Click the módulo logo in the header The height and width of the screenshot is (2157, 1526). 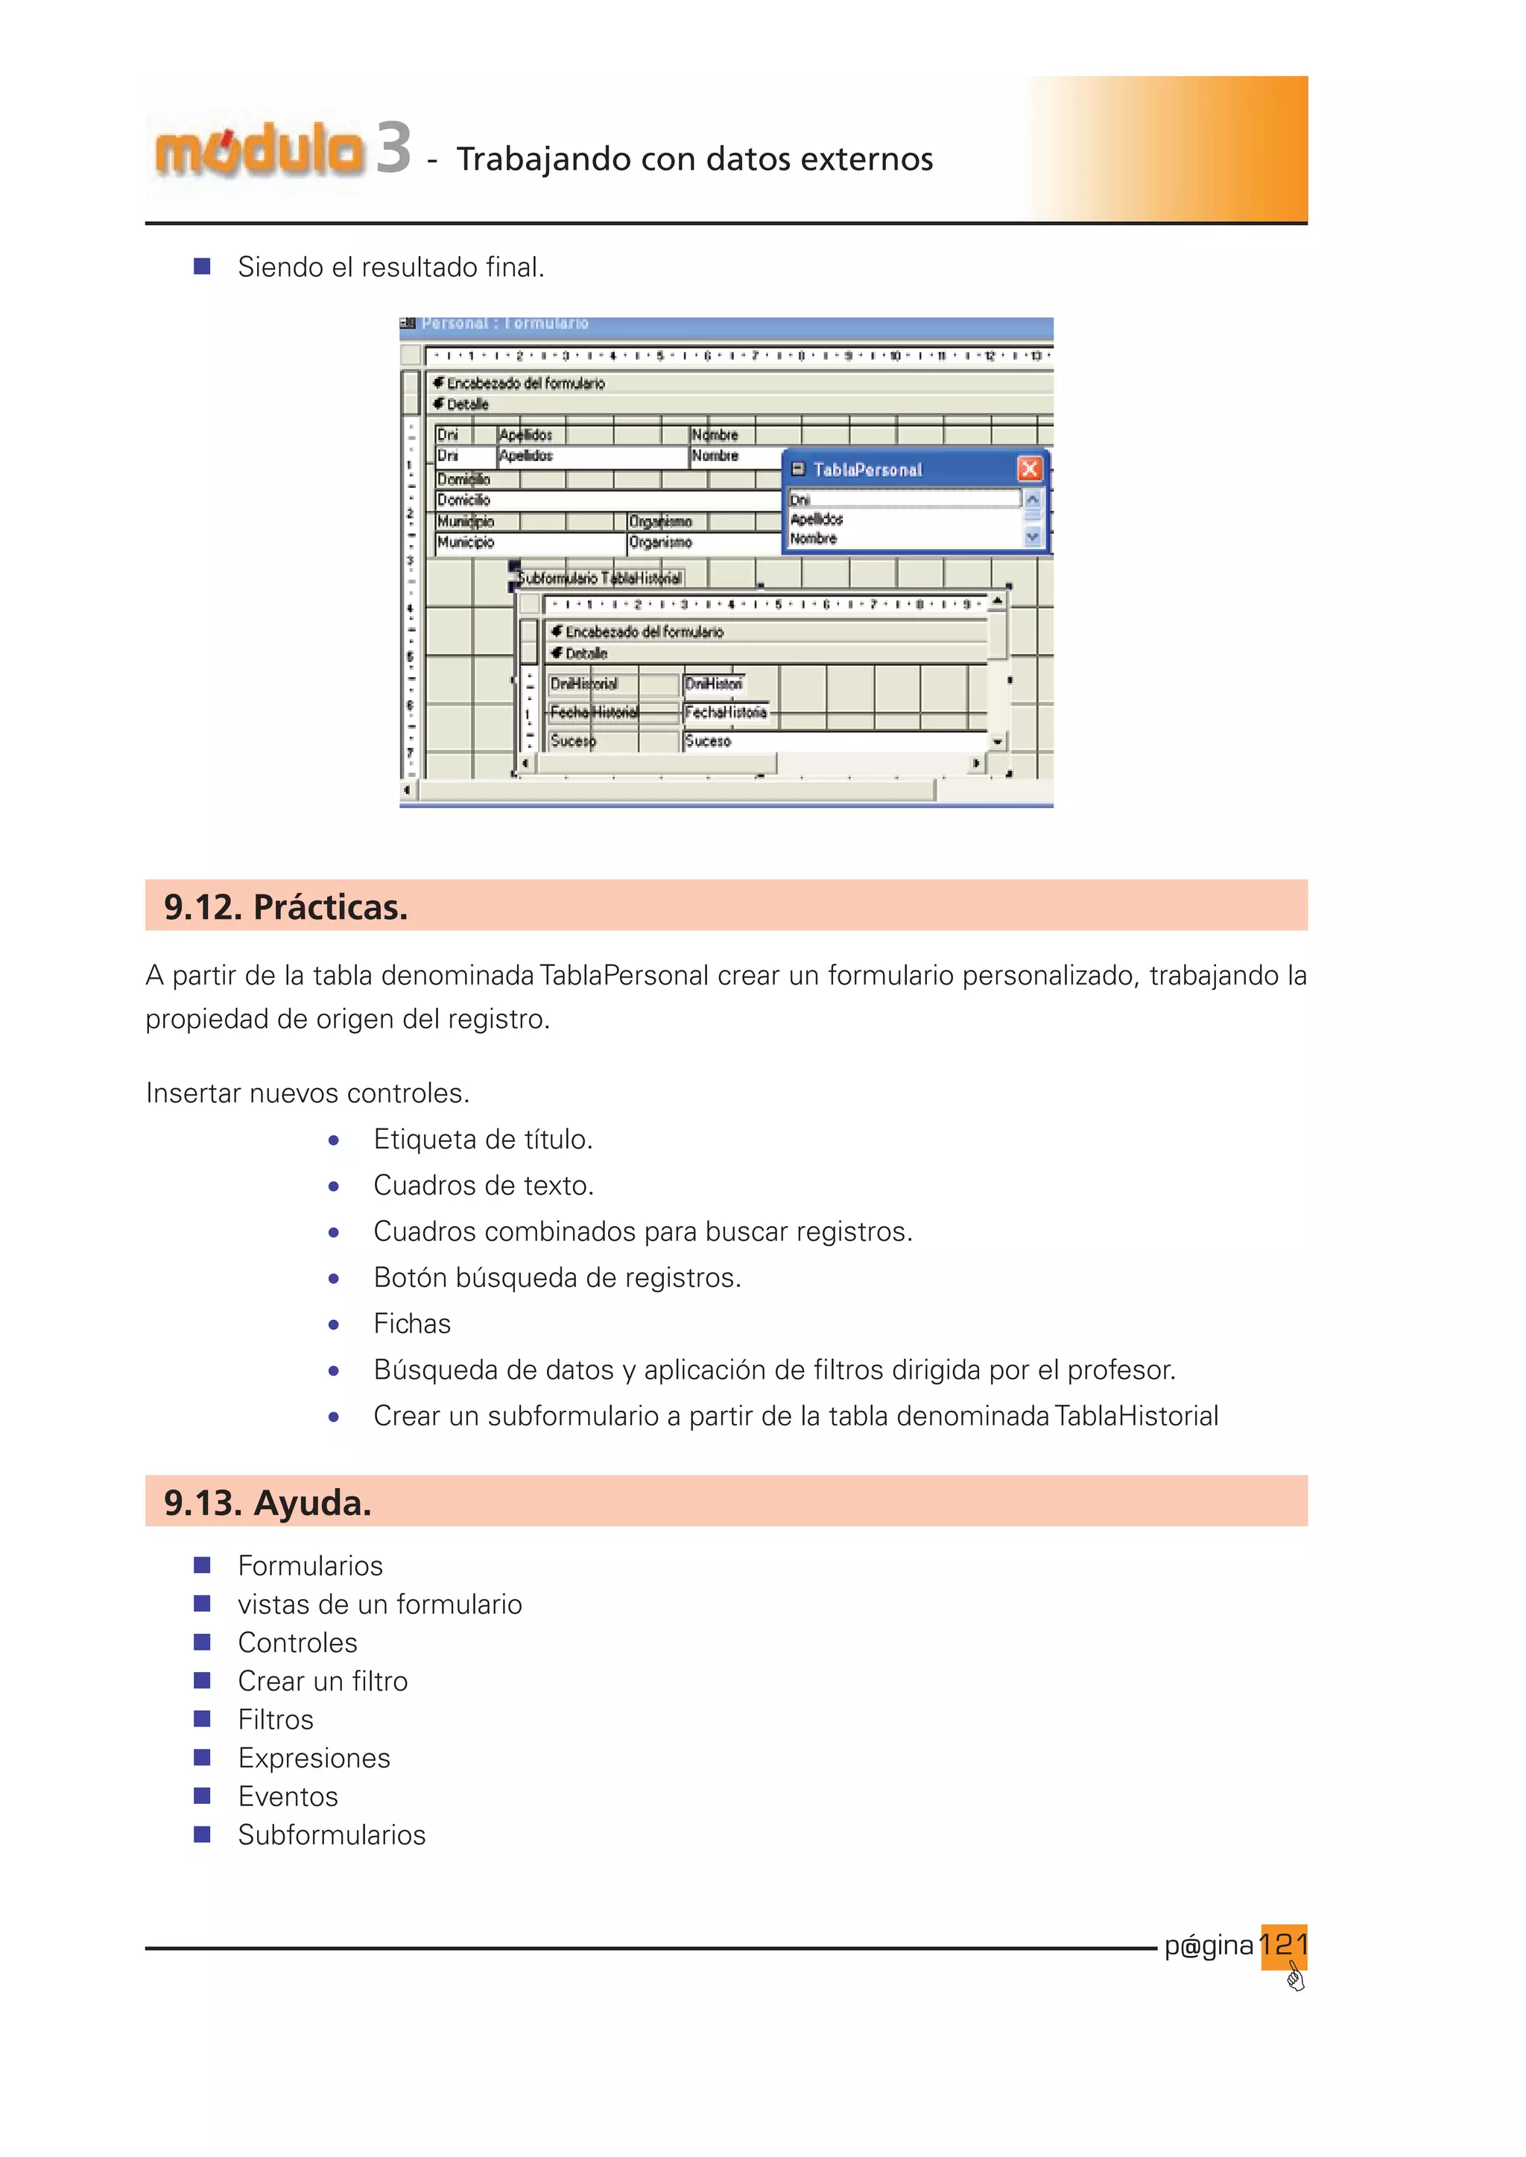(259, 150)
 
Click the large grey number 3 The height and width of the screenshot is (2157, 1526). (393, 148)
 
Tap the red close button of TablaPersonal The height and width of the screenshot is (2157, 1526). (1030, 468)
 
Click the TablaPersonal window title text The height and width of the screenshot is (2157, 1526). (867, 470)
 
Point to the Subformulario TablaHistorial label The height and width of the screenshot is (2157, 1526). (600, 578)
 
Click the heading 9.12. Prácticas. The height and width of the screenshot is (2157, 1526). (285, 906)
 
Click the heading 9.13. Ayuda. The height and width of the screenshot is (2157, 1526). (267, 1502)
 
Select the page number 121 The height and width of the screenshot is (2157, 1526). (1284, 1944)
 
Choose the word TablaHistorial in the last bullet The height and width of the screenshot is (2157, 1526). (1136, 1416)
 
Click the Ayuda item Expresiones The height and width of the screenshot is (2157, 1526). (314, 1758)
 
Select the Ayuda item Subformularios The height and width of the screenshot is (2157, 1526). (332, 1834)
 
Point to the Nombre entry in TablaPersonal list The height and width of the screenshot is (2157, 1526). (813, 539)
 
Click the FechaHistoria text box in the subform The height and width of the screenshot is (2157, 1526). (726, 712)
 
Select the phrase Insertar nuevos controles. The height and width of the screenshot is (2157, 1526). (307, 1093)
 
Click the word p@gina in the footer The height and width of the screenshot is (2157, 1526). (1209, 1945)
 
